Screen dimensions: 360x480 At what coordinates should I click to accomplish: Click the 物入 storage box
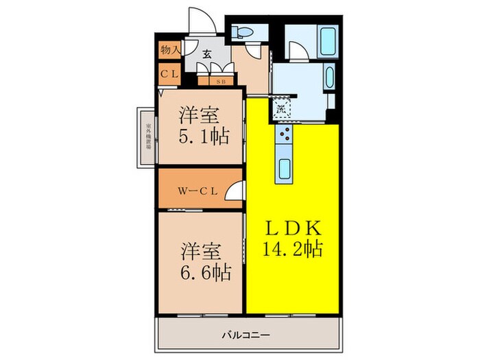tap(169, 50)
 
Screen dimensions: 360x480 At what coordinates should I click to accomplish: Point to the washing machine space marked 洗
tap(283, 106)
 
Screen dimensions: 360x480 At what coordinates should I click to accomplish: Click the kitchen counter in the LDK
tap(283, 154)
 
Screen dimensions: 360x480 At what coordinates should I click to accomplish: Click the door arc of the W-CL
tap(234, 191)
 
